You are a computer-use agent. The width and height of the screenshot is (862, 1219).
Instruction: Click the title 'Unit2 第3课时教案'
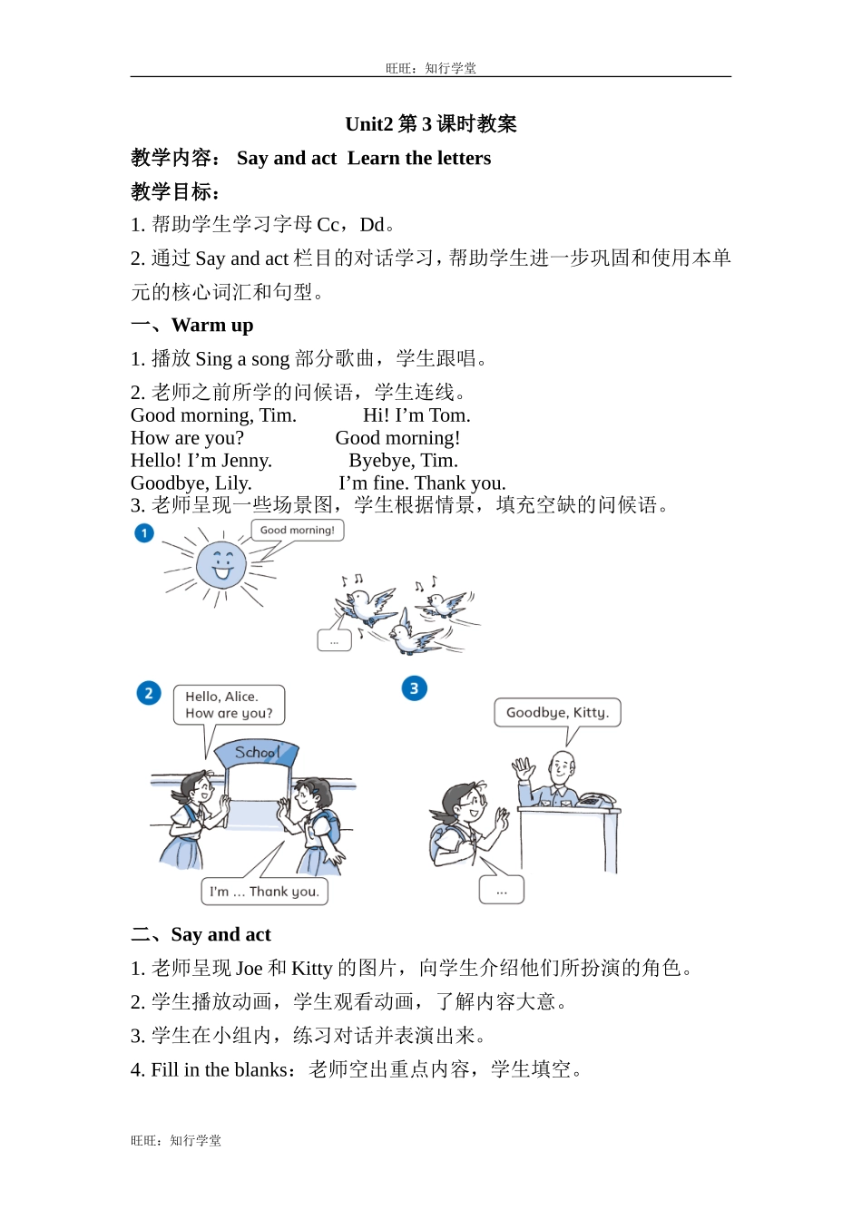coord(431,124)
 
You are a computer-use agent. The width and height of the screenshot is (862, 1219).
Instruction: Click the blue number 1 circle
coord(144,533)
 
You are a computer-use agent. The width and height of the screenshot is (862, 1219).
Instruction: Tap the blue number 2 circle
coord(149,694)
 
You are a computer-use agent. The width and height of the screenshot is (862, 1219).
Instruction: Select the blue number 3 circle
coord(414,688)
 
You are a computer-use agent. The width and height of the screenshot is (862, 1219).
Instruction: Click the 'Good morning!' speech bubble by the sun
coord(297,531)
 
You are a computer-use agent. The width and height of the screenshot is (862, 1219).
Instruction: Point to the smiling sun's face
coord(221,564)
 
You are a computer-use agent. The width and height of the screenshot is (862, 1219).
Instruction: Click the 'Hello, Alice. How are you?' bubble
coord(229,705)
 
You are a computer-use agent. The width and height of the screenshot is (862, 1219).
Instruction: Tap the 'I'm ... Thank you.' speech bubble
coord(264,892)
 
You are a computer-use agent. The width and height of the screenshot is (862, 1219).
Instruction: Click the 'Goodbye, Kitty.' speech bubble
coord(557,713)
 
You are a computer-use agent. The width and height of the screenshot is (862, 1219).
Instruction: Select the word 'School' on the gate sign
coord(257,752)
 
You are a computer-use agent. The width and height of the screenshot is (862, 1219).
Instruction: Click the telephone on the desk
coord(596,800)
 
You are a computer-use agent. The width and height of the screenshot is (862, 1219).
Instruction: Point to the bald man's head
coord(563,764)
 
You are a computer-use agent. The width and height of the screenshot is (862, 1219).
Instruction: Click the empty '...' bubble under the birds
coord(334,640)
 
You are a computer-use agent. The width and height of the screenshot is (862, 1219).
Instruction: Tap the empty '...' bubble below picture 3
coord(501,890)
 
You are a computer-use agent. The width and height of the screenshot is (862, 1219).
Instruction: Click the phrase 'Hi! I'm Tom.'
coord(416,415)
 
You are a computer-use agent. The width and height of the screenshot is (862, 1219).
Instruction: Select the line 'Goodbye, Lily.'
coord(191,483)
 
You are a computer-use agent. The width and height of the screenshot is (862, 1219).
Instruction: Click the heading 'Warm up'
coord(212,326)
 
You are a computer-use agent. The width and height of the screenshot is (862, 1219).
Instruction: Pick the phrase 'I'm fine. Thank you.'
coord(422,483)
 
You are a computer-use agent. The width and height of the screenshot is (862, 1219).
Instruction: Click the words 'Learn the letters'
coord(419,159)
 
